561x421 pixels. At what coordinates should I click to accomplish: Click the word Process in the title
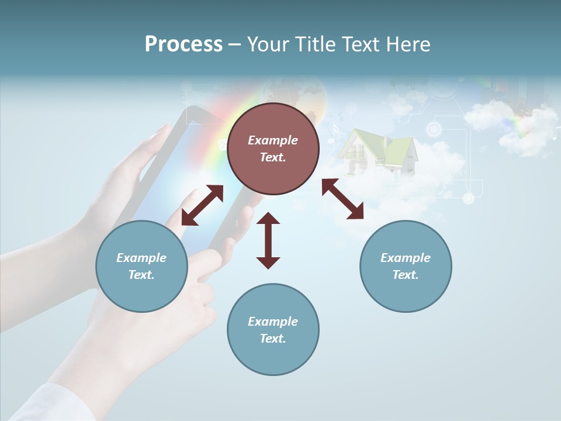coord(183,44)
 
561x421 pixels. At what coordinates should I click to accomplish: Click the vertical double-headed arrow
coord(268,240)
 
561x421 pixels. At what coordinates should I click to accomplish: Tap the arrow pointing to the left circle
coord(202,205)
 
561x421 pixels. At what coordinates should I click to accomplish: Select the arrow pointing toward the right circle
coord(342,199)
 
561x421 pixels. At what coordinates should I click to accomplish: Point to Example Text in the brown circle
coord(273,149)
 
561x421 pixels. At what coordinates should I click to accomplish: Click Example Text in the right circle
coord(406,266)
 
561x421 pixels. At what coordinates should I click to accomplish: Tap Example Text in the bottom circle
coord(273,330)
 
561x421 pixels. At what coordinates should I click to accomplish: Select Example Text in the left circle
coord(141,266)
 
